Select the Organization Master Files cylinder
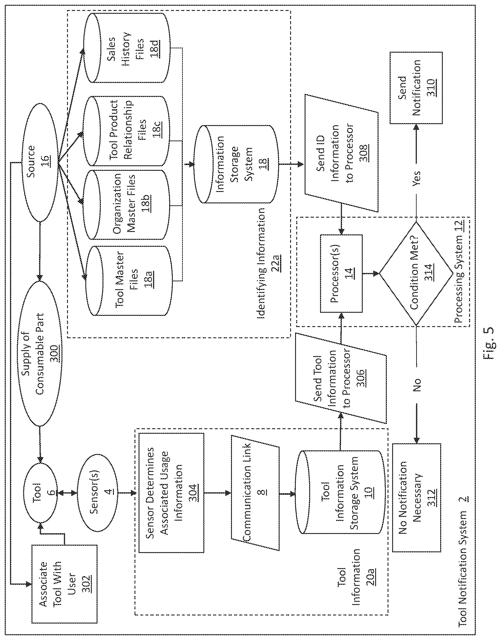(x=127, y=204)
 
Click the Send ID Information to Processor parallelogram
(x=341, y=153)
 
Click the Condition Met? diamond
(x=417, y=274)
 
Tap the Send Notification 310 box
(x=416, y=88)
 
